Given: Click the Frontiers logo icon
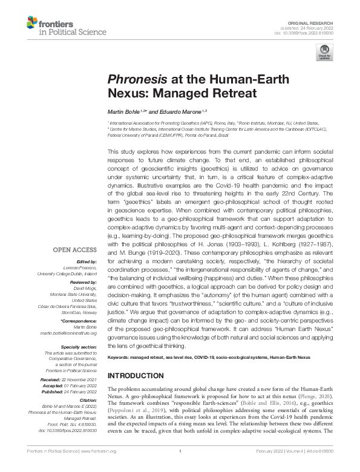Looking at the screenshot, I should [33, 24].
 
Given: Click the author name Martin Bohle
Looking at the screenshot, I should [123, 112].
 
